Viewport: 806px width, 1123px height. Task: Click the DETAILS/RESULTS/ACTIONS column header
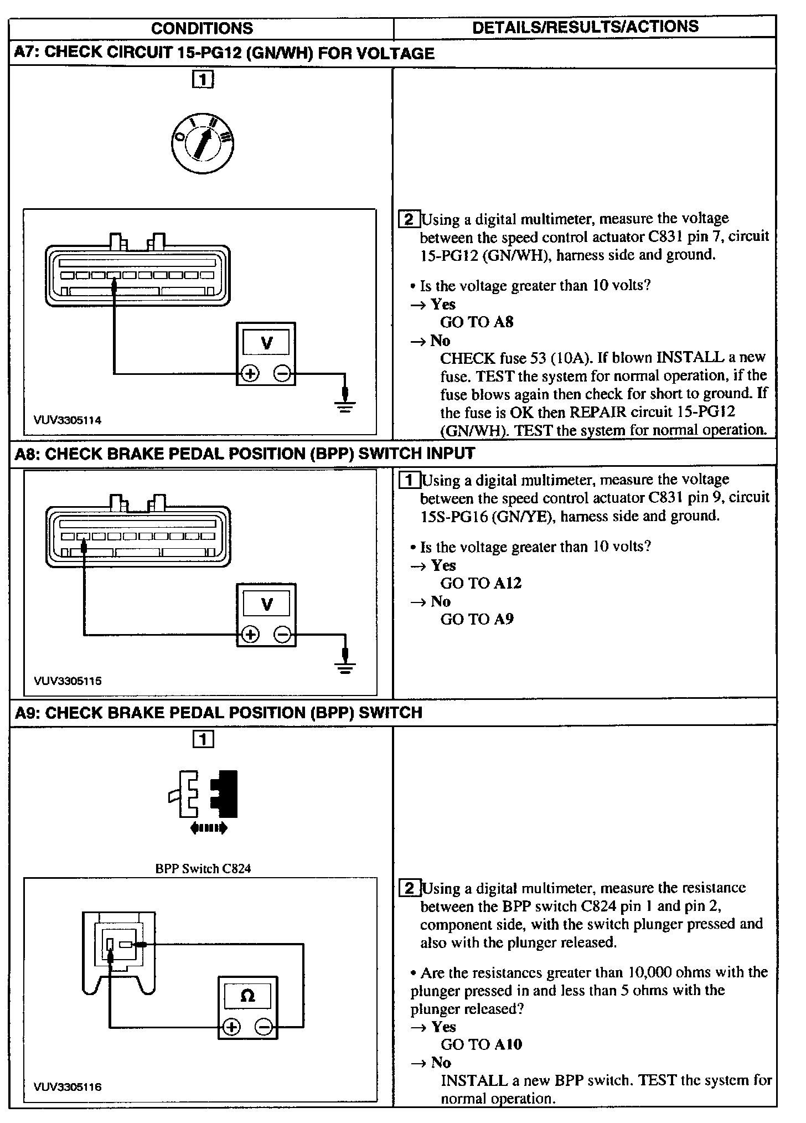585,27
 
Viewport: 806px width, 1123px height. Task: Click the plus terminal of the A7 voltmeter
250,374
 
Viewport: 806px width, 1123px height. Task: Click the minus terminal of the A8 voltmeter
282,635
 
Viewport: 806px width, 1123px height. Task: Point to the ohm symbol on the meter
247,997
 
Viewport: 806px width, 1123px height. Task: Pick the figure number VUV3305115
68,681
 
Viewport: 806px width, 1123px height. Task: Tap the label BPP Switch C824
203,868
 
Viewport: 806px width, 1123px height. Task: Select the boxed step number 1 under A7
203,80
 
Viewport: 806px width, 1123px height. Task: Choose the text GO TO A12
480,583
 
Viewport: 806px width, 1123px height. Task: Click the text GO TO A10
481,1044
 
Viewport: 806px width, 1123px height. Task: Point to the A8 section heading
244,454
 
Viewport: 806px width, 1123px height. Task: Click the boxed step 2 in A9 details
409,889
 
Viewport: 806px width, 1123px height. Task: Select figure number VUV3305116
68,1087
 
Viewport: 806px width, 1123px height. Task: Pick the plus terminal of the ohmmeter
231,1028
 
